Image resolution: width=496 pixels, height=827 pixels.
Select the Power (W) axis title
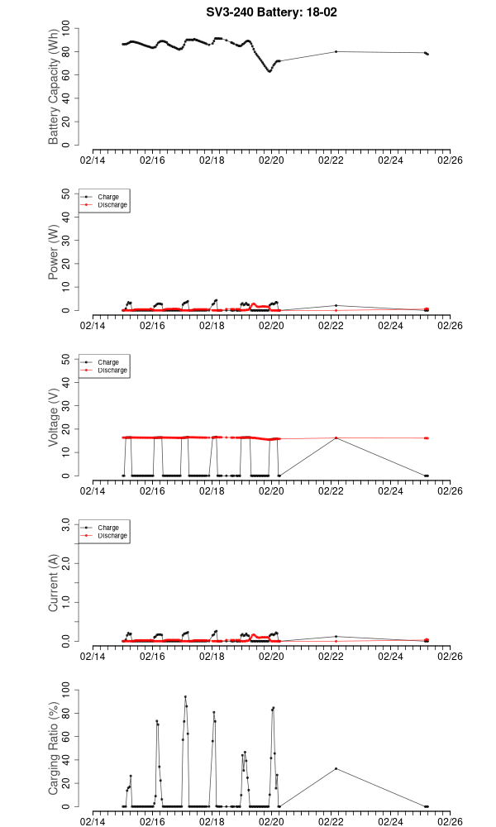click(54, 252)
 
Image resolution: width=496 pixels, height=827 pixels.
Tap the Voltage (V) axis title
click(54, 418)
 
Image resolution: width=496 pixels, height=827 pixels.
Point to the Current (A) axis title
click(54, 583)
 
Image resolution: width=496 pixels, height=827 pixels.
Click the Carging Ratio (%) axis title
click(54, 748)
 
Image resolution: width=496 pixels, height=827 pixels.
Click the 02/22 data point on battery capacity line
click(336, 51)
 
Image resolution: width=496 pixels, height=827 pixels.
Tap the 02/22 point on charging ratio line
click(336, 768)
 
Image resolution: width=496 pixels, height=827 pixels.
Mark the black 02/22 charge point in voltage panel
click(336, 437)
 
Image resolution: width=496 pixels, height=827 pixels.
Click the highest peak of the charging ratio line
click(185, 696)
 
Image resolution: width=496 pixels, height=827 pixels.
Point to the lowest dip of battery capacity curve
click(269, 71)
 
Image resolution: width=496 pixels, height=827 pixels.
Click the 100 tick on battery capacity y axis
click(69, 28)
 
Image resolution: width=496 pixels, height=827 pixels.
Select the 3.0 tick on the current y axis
click(69, 524)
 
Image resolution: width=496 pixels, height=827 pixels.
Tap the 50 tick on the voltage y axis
click(69, 359)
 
